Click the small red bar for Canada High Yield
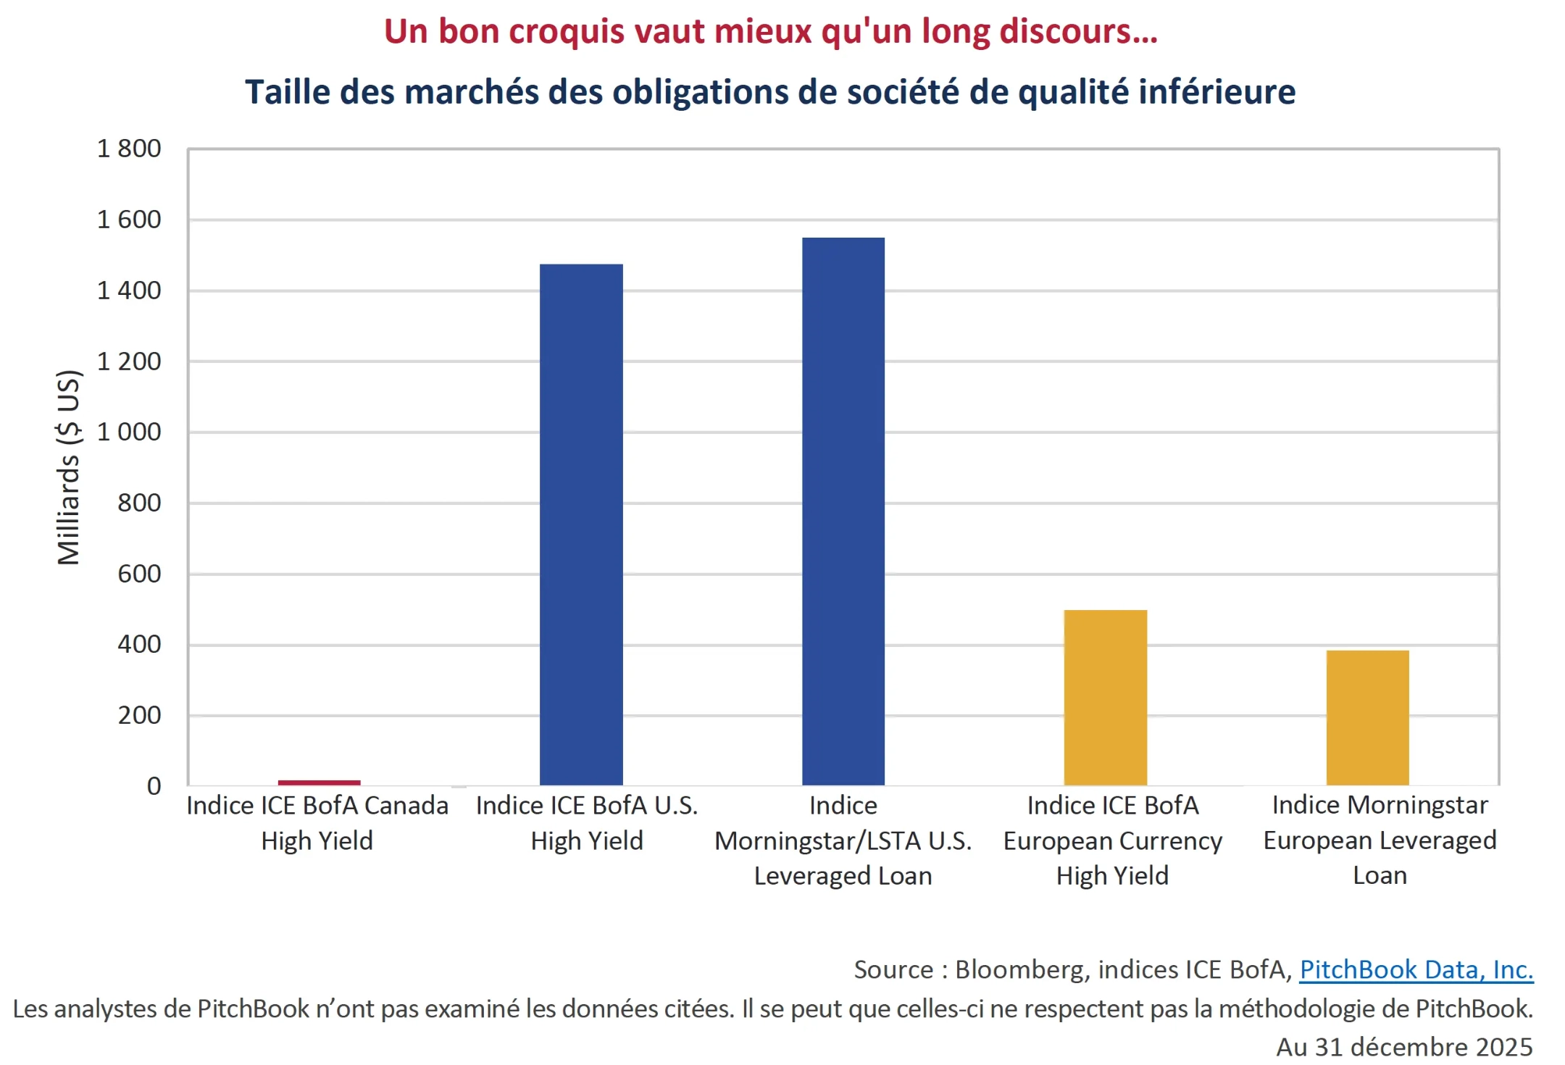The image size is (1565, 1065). point(319,782)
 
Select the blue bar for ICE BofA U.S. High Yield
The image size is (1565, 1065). point(581,525)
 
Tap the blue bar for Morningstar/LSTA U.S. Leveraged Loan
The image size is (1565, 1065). point(843,511)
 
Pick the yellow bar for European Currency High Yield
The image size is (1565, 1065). point(1105,697)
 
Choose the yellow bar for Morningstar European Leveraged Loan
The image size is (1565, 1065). point(1367,717)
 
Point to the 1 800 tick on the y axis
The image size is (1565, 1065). point(129,149)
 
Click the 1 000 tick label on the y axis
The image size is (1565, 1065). point(129,432)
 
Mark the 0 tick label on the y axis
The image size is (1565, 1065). point(154,786)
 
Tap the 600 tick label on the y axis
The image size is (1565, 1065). point(139,574)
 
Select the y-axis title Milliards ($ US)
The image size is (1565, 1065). point(69,467)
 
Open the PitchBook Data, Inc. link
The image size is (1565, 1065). point(1416,969)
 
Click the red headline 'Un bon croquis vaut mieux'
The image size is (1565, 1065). point(770,32)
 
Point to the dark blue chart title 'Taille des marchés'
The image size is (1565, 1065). point(770,92)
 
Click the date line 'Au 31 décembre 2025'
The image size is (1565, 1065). point(1403,1047)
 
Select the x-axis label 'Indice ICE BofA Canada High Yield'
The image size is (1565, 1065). point(317,823)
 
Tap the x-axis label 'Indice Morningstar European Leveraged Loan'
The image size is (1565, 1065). point(1380,840)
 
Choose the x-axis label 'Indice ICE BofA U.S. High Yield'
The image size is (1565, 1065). point(587,823)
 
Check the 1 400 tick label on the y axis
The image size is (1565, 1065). point(129,291)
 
